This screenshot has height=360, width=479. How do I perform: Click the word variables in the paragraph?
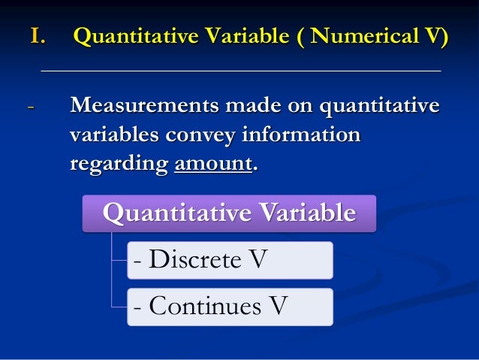[111, 135]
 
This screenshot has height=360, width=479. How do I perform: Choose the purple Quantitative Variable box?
[229, 214]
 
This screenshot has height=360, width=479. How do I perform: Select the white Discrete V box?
[229, 260]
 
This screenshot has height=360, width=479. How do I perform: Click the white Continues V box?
[229, 307]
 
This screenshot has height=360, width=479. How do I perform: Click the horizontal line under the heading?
[240, 71]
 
